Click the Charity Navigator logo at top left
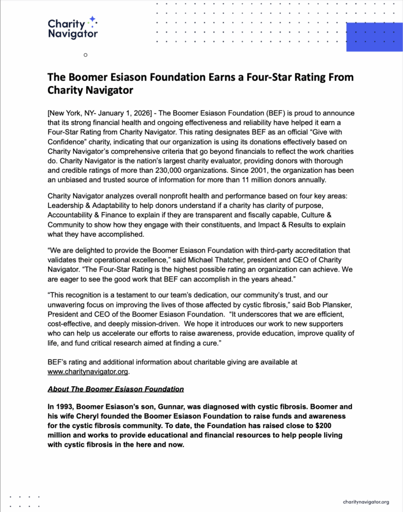(72, 28)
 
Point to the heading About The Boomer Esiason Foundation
(115, 389)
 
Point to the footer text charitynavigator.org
(366, 502)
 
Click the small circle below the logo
(85, 55)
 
